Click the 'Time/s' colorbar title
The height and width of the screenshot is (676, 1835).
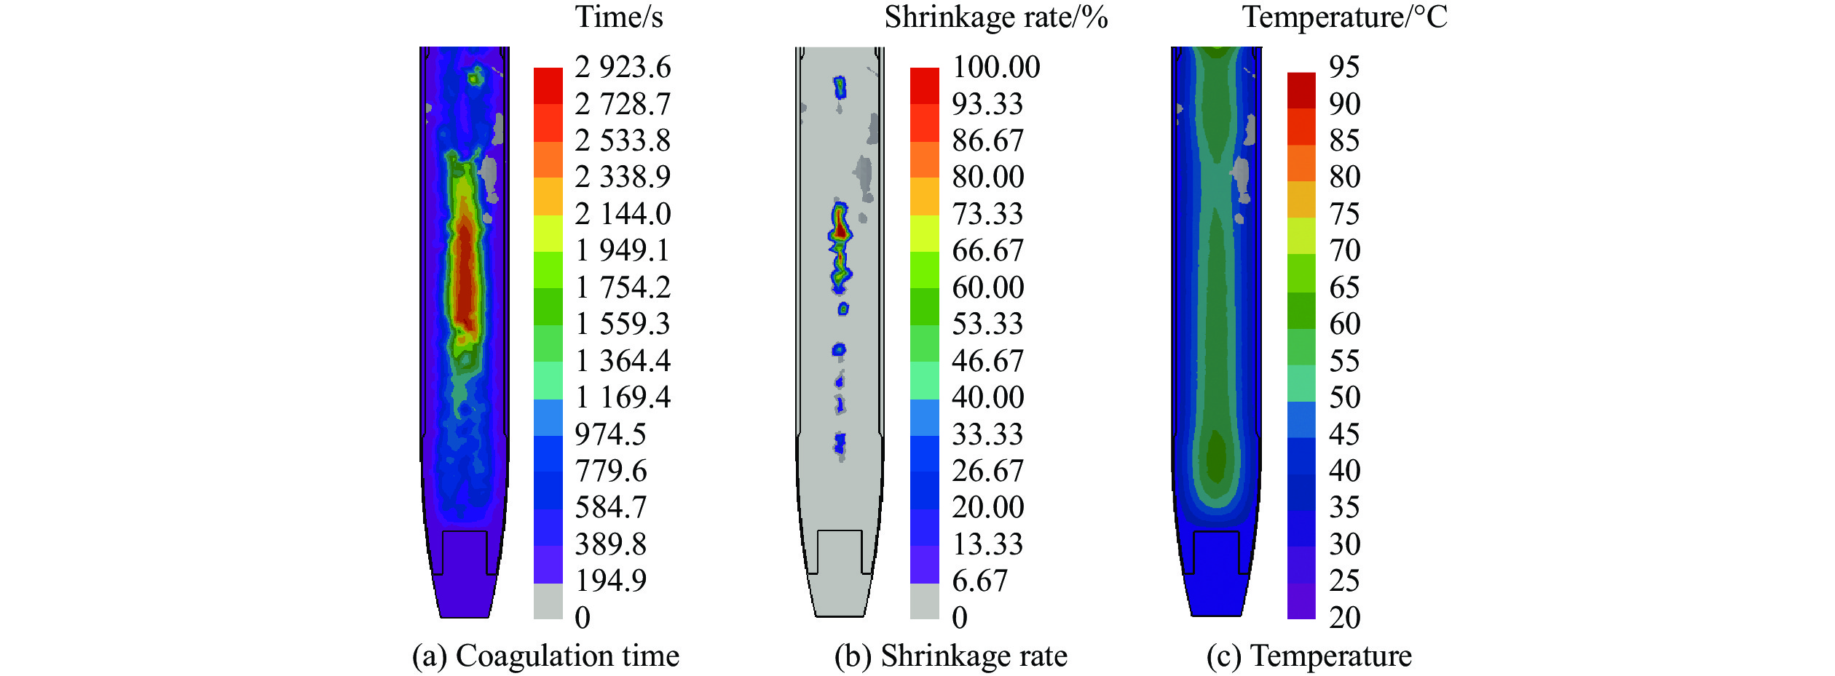click(x=619, y=17)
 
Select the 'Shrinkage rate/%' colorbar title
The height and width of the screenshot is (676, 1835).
click(x=995, y=17)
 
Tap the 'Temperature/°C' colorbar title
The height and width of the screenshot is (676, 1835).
click(x=1344, y=17)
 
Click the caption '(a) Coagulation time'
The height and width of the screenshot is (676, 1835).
click(x=545, y=656)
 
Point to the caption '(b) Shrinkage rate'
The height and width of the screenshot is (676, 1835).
click(x=950, y=656)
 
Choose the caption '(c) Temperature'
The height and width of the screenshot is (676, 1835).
click(x=1309, y=656)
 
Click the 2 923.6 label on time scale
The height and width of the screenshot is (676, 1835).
click(x=623, y=68)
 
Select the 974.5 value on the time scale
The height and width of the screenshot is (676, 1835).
click(x=610, y=434)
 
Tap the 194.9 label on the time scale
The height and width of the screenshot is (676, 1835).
click(x=610, y=581)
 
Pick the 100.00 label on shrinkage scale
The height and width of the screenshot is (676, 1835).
click(x=996, y=68)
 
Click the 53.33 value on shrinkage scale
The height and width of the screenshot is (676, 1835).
click(x=987, y=325)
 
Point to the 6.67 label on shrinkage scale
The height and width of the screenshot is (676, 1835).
click(x=979, y=581)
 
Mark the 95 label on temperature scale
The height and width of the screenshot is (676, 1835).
click(x=1344, y=68)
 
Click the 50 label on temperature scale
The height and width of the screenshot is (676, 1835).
click(x=1344, y=398)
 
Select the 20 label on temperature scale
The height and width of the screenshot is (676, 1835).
click(x=1344, y=618)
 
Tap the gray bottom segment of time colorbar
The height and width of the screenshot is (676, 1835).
click(x=548, y=601)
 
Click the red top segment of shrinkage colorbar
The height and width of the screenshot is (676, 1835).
click(x=924, y=86)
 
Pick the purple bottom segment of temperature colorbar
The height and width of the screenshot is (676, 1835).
click(x=1301, y=601)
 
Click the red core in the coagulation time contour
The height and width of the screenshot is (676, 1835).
click(x=465, y=277)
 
